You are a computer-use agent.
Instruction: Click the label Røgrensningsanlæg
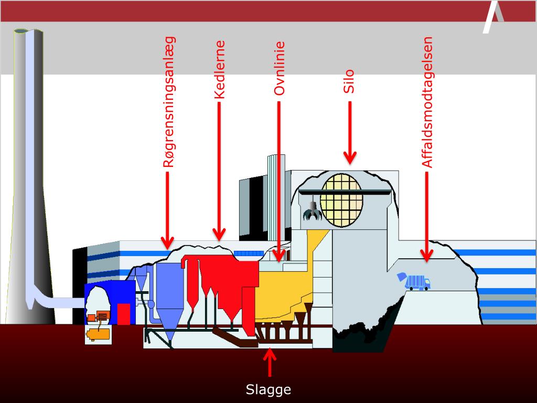(x=169, y=102)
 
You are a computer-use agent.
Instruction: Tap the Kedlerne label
(x=220, y=70)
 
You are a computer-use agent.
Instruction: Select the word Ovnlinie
(x=280, y=68)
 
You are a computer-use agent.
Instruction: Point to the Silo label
(x=349, y=81)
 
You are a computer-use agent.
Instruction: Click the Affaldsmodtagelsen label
(x=428, y=102)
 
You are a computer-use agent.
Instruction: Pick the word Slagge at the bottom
(x=268, y=390)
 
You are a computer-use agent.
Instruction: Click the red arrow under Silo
(x=350, y=131)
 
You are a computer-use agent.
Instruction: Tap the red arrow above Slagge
(x=270, y=362)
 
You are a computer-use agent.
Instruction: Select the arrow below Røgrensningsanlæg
(x=167, y=210)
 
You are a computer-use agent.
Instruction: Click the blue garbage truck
(x=415, y=282)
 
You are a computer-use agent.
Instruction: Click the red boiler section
(x=220, y=278)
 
